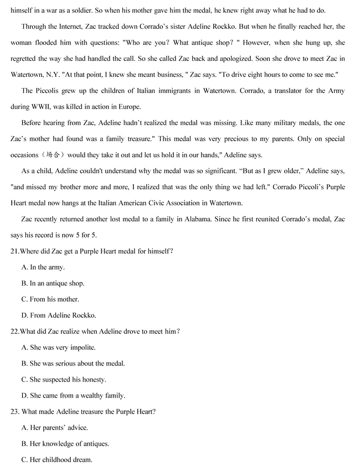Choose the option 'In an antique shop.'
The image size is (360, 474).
tap(53, 283)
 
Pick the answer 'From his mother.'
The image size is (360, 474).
tap(50, 299)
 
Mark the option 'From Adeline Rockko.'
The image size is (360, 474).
tap(59, 315)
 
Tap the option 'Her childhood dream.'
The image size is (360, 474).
tap(56, 460)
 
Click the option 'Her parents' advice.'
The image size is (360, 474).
tap(55, 427)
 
